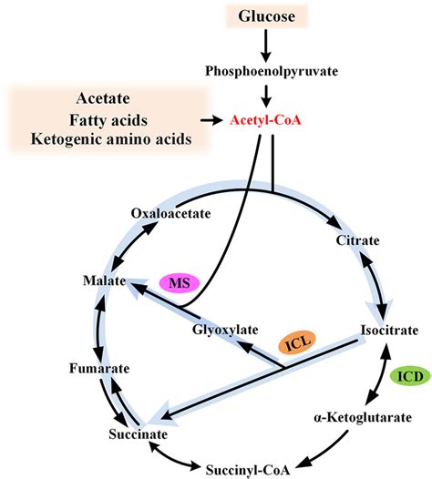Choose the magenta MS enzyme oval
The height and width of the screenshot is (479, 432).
(x=185, y=283)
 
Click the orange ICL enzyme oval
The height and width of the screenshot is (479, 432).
(x=292, y=343)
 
